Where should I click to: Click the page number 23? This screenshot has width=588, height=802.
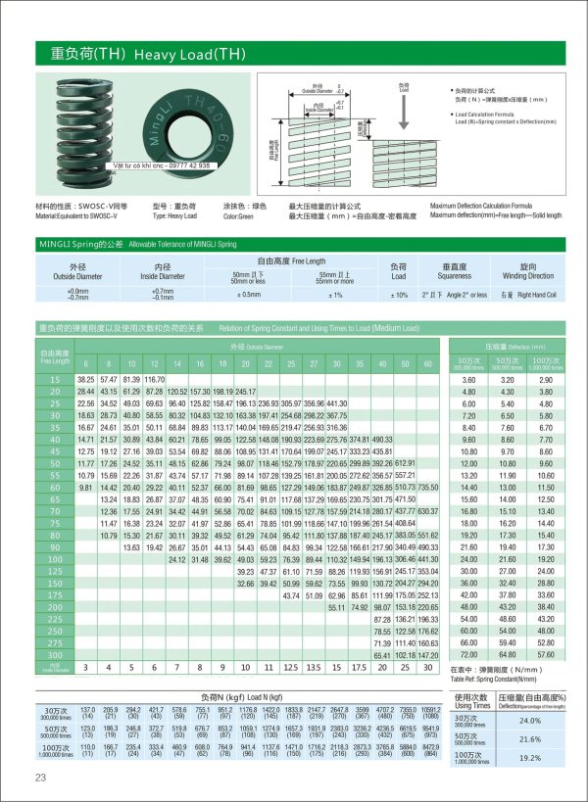pyautogui.click(x=40, y=778)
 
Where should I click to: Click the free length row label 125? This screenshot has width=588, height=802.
pyautogui.click(x=55, y=570)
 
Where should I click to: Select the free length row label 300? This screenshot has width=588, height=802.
pyautogui.click(x=55, y=653)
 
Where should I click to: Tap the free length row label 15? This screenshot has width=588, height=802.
pyautogui.click(x=55, y=379)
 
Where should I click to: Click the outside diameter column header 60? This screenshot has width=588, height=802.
pyautogui.click(x=429, y=363)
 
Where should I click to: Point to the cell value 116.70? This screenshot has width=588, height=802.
pyautogui.click(x=155, y=379)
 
